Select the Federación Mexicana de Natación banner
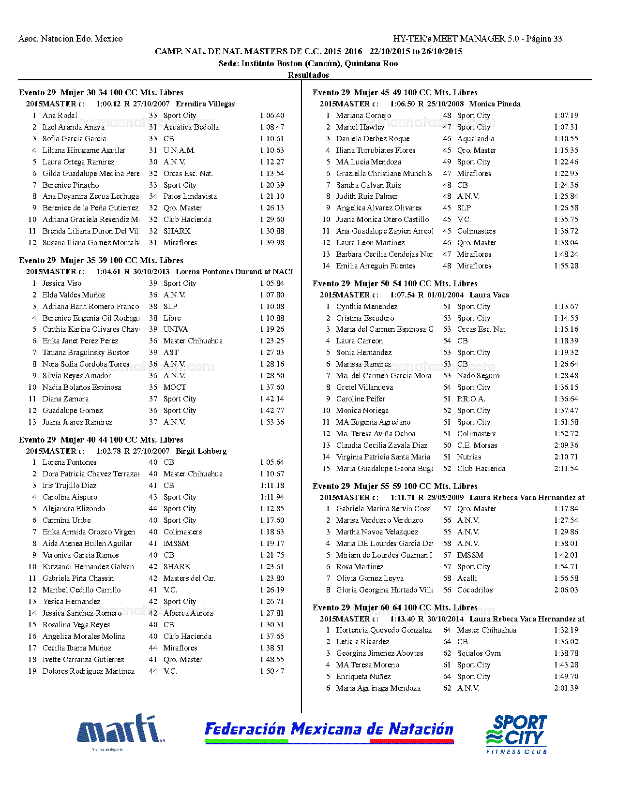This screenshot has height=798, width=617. (329, 731)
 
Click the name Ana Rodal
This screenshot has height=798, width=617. (60, 116)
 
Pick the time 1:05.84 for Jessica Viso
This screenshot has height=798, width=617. (272, 283)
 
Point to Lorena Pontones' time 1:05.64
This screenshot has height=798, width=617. (272, 462)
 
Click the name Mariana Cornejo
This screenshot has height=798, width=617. (363, 116)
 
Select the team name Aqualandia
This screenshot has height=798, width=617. (475, 139)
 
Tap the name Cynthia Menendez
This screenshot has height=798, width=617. (366, 307)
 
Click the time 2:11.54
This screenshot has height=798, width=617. (566, 469)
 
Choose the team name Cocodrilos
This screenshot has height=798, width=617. (475, 590)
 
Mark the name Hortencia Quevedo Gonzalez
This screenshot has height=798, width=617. (384, 630)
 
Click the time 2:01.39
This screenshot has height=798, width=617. (566, 688)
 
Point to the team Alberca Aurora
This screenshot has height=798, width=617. (188, 613)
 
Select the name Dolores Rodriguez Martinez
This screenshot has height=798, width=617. (89, 671)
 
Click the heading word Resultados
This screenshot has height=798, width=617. (308, 75)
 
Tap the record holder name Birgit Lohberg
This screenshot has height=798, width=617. (201, 451)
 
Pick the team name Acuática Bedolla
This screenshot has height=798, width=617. (191, 127)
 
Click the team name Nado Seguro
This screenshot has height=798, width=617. (478, 376)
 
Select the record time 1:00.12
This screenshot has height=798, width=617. (108, 104)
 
